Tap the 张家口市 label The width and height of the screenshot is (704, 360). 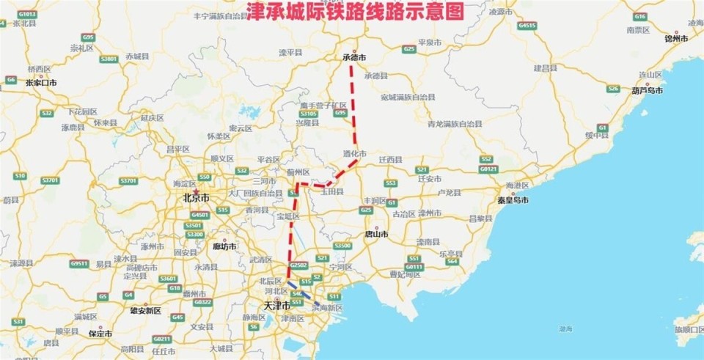pyautogui.click(x=41, y=83)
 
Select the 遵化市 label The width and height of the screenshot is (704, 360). pyautogui.click(x=354, y=153)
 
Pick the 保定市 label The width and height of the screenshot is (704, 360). pyautogui.click(x=100, y=334)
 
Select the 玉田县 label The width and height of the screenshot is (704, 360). pyautogui.click(x=331, y=191)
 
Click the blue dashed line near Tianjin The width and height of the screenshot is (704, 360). pyautogui.click(x=303, y=293)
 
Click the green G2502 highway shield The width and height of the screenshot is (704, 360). pyautogui.click(x=298, y=265)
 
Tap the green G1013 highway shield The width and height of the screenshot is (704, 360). pyautogui.click(x=27, y=14)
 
